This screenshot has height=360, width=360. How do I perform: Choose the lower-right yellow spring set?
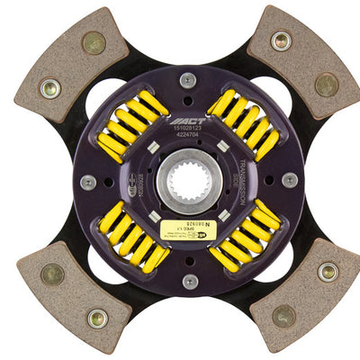pyautogui.click(x=242, y=238)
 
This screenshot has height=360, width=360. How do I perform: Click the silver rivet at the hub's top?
pyautogui.click(x=187, y=79)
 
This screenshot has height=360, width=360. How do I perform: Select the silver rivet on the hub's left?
pyautogui.click(x=87, y=182)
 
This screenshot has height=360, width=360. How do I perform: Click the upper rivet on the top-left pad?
pyautogui.click(x=93, y=42)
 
